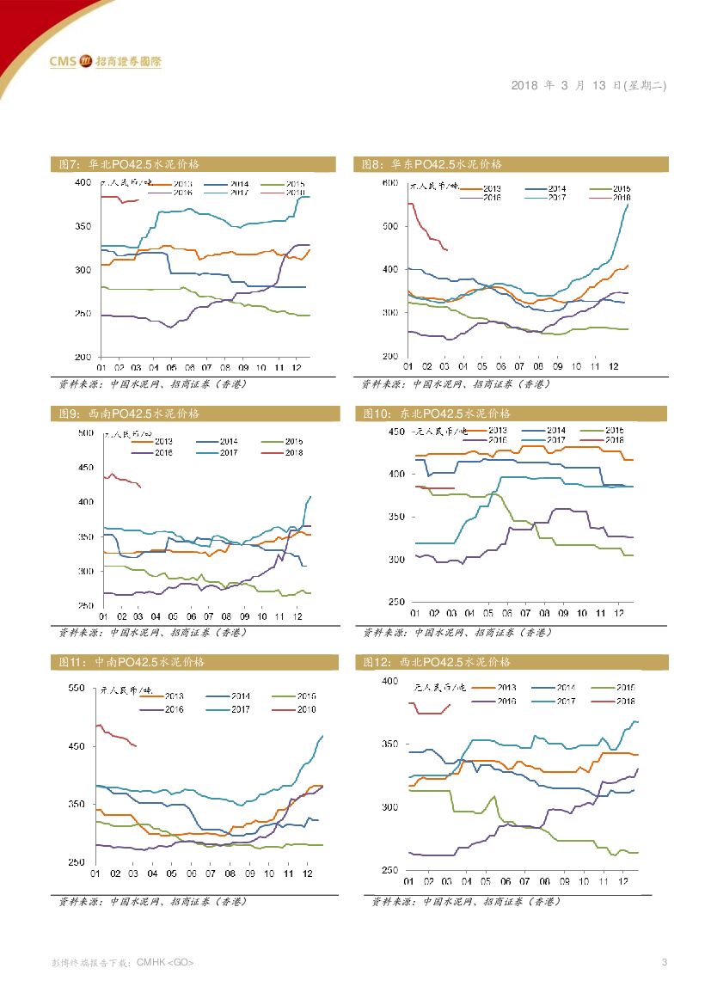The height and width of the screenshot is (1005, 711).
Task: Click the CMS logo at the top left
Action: (x=105, y=61)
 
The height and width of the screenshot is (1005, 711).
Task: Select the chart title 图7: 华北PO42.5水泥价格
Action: (x=129, y=163)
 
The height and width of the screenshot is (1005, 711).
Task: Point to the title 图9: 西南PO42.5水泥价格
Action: (x=129, y=414)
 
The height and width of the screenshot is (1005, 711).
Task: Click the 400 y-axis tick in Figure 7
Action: (x=83, y=183)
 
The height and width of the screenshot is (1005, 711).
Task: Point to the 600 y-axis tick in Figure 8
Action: (x=389, y=183)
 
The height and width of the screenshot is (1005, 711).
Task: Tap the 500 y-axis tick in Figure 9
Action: (x=85, y=432)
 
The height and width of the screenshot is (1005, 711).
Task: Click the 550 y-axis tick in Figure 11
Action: (x=77, y=689)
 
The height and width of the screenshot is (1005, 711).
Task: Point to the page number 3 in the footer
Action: (x=664, y=961)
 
